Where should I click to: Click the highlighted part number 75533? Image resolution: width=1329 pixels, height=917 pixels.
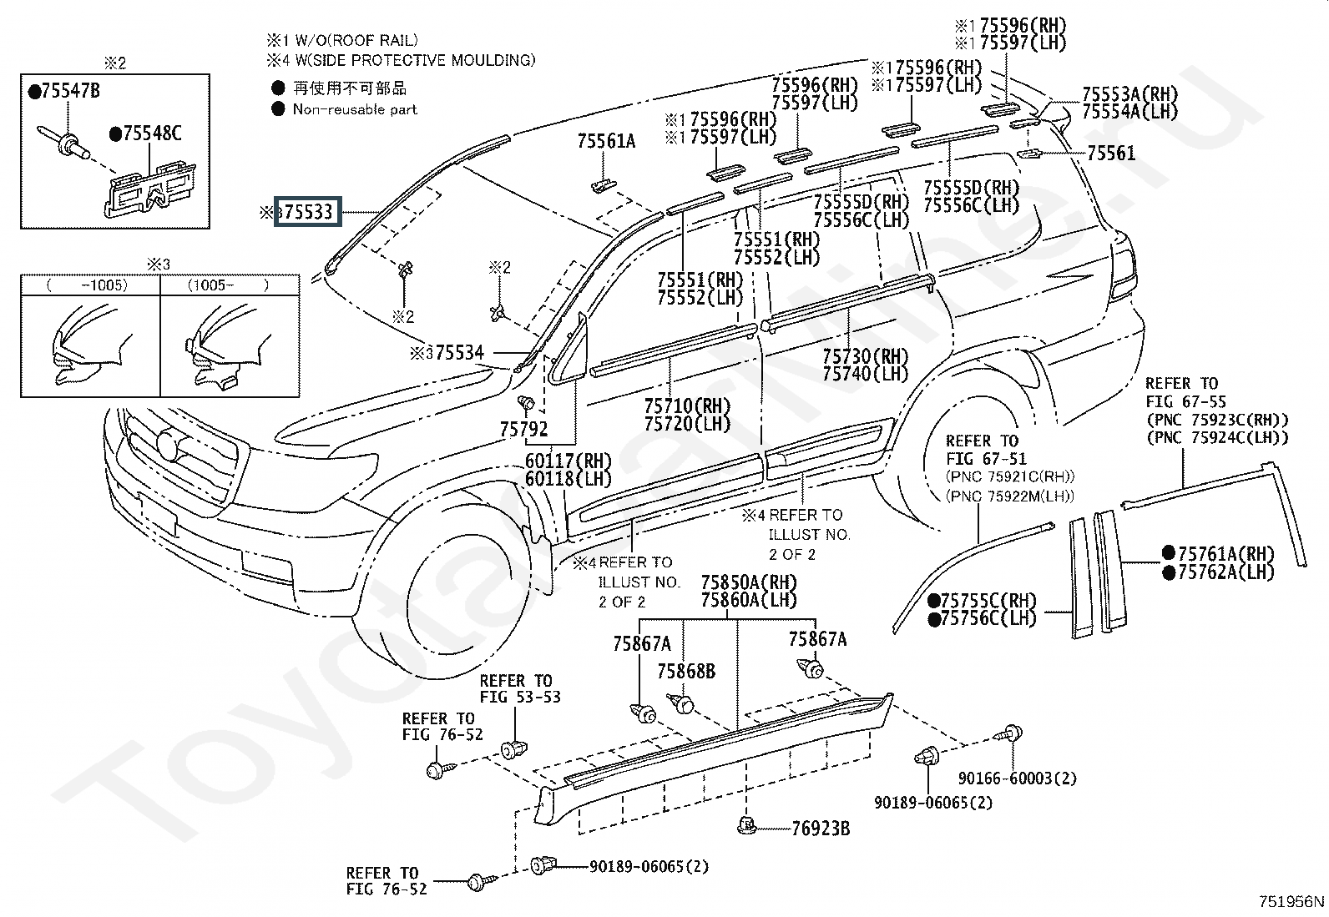pyautogui.click(x=309, y=213)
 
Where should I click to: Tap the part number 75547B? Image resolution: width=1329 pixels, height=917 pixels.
pyautogui.click(x=69, y=92)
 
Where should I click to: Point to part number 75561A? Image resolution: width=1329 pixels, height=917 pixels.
pyautogui.click(x=606, y=143)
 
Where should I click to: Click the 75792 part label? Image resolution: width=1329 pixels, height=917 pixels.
pyautogui.click(x=524, y=430)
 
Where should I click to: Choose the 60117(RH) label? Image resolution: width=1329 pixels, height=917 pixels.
pyautogui.click(x=568, y=461)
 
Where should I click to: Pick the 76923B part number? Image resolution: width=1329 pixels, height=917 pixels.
pyautogui.click(x=821, y=829)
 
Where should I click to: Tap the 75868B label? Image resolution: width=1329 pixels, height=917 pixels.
pyautogui.click(x=686, y=672)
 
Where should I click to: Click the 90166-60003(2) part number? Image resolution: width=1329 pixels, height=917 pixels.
pyautogui.click(x=1017, y=778)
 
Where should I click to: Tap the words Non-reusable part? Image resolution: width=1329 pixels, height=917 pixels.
pyautogui.click(x=355, y=109)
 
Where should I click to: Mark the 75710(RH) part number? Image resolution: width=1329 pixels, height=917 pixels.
pyautogui.click(x=687, y=406)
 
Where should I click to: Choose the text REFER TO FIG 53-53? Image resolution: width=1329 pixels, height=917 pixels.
pyautogui.click(x=519, y=689)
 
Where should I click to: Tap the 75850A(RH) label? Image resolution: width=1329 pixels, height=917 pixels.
pyautogui.click(x=749, y=582)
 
